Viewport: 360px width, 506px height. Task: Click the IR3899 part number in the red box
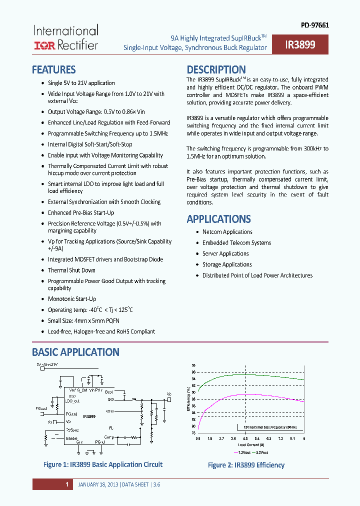coord(300,45)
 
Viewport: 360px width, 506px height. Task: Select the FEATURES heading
coord(53,69)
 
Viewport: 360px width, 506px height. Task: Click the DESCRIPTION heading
coord(216,69)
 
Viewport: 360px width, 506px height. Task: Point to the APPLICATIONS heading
coord(218,219)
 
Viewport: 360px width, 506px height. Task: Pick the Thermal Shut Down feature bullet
coord(71,270)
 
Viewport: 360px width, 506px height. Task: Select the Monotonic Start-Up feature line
coord(71,299)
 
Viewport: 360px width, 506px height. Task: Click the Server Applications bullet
coord(225,253)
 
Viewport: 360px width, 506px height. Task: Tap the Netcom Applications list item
coord(227,232)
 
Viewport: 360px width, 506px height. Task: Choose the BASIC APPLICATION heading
coord(75,352)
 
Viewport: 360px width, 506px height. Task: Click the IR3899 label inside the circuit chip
coord(89,416)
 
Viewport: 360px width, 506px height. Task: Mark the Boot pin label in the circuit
coord(109,391)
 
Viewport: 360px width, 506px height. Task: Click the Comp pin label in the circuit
coord(109,437)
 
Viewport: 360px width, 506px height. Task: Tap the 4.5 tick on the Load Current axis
coord(245,438)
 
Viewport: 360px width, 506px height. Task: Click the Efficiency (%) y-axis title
coord(188,400)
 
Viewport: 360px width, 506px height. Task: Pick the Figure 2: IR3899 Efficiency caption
coord(246,465)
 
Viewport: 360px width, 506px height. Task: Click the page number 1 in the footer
coord(66,484)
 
